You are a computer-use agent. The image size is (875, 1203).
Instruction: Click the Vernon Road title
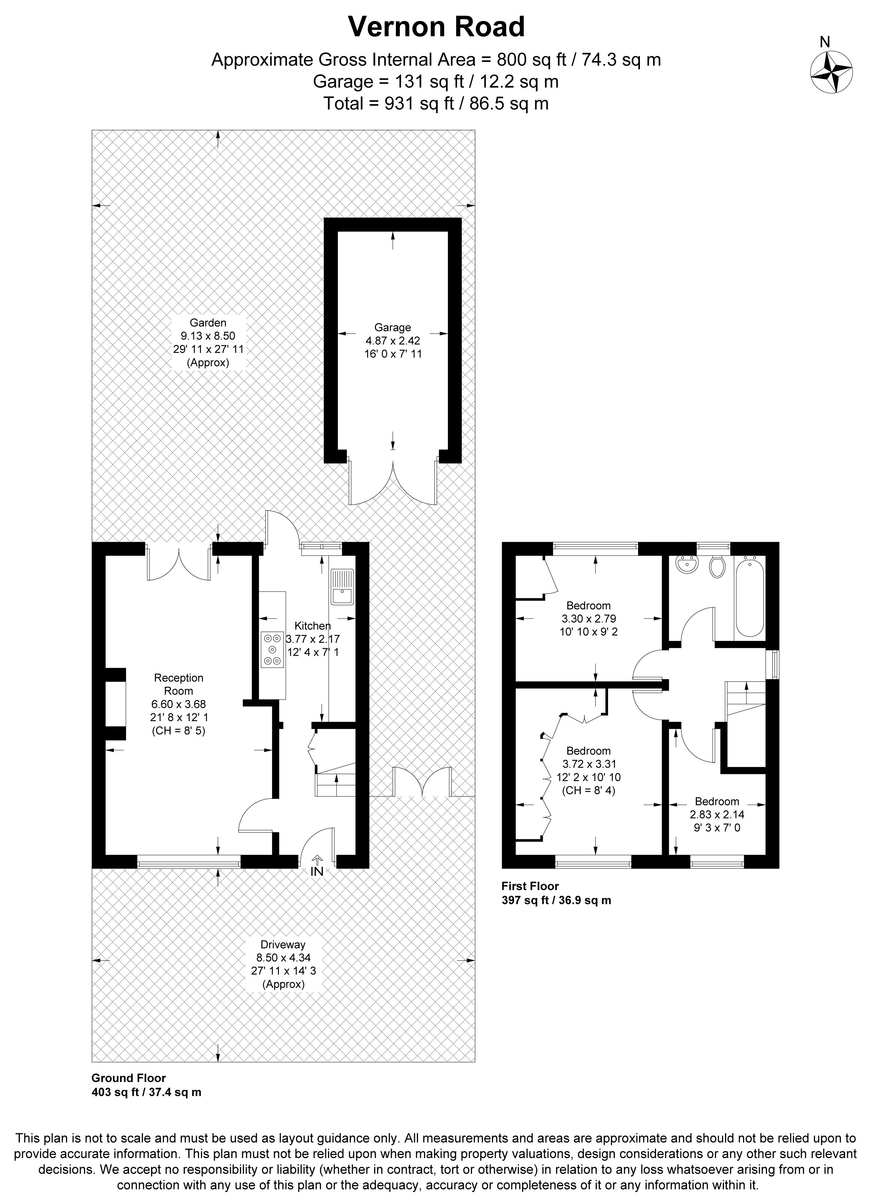436,27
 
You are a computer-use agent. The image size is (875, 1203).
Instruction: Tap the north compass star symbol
831,73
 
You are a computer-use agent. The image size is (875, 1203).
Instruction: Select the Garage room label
393,327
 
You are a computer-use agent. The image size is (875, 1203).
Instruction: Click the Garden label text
208,323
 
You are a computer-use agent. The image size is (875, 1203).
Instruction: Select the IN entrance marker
317,871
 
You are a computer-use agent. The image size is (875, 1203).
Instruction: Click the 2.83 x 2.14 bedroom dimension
717,814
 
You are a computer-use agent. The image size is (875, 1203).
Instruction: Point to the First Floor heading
530,886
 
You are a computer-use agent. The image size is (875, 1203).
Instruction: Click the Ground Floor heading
129,1078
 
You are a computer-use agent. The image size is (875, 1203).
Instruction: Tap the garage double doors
393,482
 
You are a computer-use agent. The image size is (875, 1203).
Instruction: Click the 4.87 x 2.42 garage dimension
393,341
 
